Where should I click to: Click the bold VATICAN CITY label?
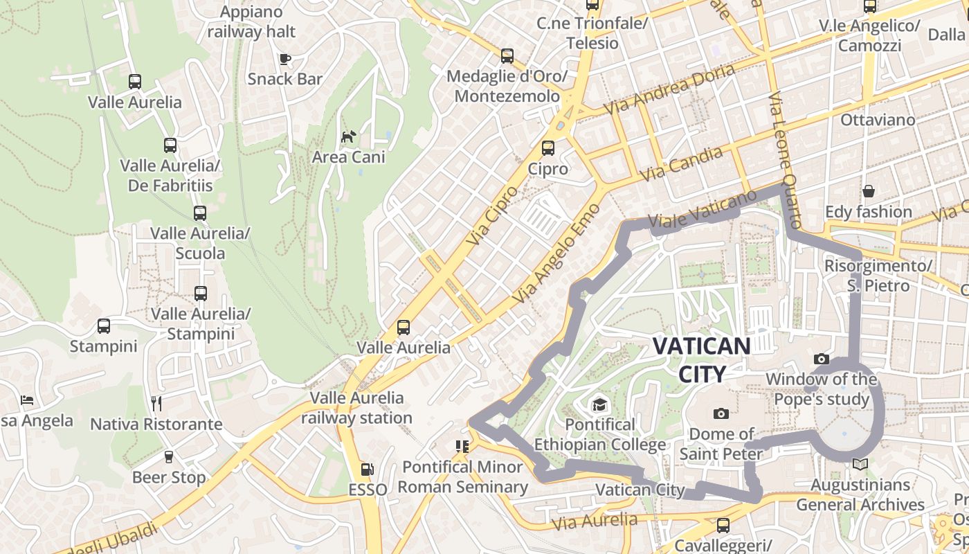pos(702,360)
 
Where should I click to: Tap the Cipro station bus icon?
pos(548,148)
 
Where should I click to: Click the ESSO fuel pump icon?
pos(367,470)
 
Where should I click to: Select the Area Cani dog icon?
pos(348,136)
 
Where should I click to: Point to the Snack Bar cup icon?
pos(284,59)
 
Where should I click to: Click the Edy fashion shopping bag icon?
pos(868,190)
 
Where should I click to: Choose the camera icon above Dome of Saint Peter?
pos(721,413)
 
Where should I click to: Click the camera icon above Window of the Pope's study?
pos(822,359)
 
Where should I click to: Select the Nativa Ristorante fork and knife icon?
pos(156,403)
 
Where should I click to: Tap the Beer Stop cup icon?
pos(168,456)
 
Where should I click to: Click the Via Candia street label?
pos(681,164)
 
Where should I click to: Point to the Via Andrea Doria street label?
pos(669,89)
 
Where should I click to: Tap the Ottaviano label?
pos(877,120)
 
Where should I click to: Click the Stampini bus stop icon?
pos(104,325)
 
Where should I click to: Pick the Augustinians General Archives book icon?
pos(860,464)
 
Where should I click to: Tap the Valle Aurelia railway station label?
pos(357,408)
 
